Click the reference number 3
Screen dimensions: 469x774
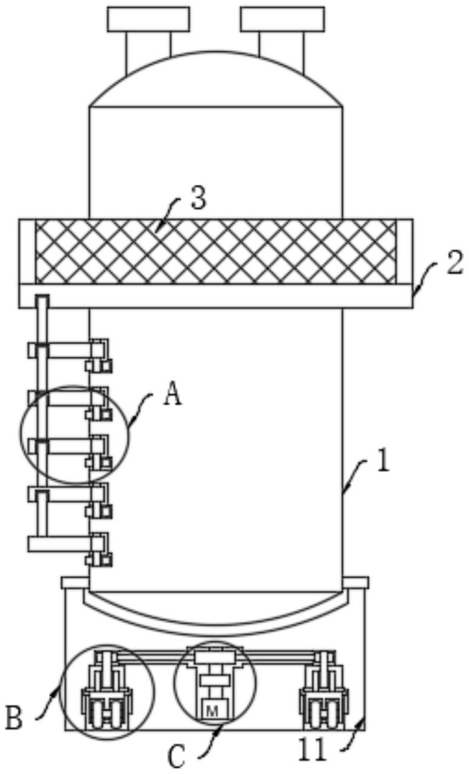[x=199, y=198]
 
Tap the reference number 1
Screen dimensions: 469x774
[x=383, y=462]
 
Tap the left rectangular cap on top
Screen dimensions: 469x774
[x=148, y=19]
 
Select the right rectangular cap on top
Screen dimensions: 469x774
[x=283, y=19]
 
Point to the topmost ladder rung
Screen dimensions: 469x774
[x=61, y=350]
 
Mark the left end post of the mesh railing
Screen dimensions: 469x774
[x=27, y=251]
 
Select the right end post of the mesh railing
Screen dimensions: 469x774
[x=404, y=251]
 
